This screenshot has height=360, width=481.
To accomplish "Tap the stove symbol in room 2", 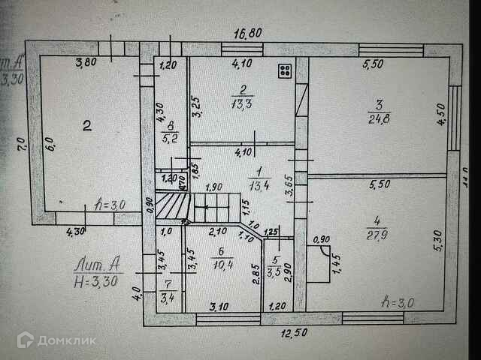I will point(286,71).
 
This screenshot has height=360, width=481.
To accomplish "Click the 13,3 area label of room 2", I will point(242,103).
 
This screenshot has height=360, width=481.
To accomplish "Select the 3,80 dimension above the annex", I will point(88,64).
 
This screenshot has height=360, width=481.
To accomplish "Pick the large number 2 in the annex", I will point(87,127).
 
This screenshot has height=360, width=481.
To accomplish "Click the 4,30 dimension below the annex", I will point(76,232).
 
